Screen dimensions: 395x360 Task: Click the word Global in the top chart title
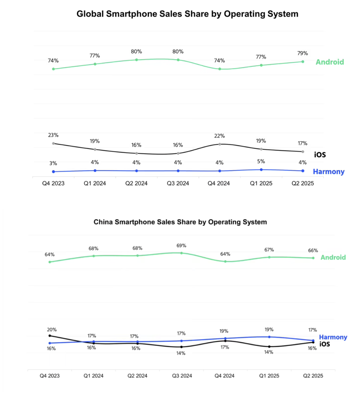pyautogui.click(x=89, y=14)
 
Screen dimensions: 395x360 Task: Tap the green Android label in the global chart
pyautogui.click(x=330, y=62)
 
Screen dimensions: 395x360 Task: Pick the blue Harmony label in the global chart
pyautogui.click(x=328, y=171)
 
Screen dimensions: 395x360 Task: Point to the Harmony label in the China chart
pyautogui.click(x=333, y=337)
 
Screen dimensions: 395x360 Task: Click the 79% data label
pyautogui.click(x=303, y=53)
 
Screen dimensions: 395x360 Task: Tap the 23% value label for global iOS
pyautogui.click(x=53, y=135)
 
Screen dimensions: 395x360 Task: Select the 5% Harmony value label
pyautogui.click(x=261, y=161)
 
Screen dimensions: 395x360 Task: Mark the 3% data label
pyautogui.click(x=53, y=163)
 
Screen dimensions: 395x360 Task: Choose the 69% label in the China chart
pyautogui.click(x=181, y=245)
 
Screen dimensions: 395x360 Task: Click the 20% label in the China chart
pyautogui.click(x=52, y=330)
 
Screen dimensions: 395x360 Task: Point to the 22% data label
pyautogui.click(x=220, y=136)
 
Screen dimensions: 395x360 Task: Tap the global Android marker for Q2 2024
pyautogui.click(x=136, y=60)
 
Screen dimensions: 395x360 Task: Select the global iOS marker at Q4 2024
pyautogui.click(x=220, y=144)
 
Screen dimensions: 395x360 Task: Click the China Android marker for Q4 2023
pyautogui.click(x=49, y=262)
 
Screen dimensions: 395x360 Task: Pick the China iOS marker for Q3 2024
pyautogui.click(x=181, y=347)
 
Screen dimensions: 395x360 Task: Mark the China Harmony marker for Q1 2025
pyautogui.click(x=269, y=337)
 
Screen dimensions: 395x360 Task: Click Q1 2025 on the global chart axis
pyautogui.click(x=261, y=183)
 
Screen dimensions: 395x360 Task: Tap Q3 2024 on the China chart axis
pyautogui.click(x=181, y=375)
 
